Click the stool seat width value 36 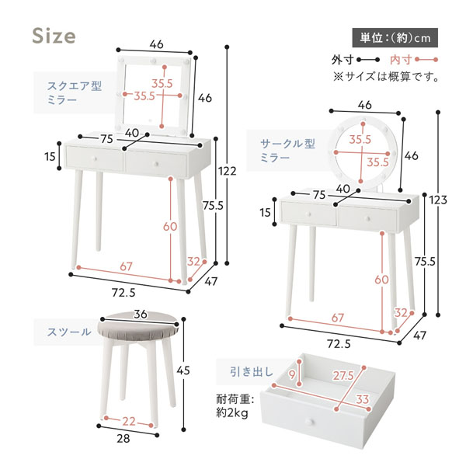(x=140, y=315)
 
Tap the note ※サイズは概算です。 (x=386, y=77)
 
